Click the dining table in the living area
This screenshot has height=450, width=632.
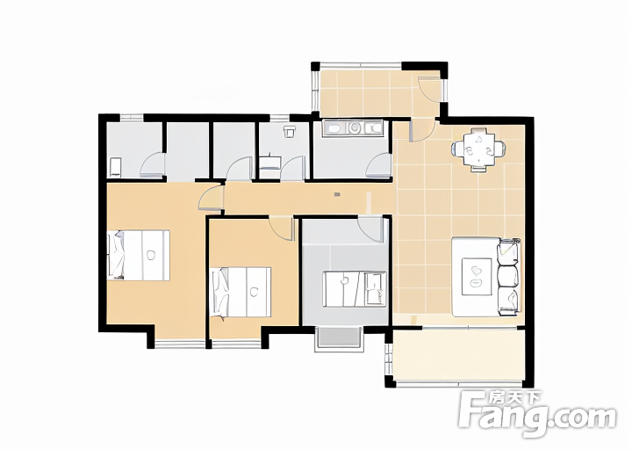[x=479, y=148]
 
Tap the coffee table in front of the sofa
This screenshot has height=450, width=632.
[x=477, y=277]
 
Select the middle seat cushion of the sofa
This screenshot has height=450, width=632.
[x=508, y=276]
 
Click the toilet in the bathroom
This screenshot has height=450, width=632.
[x=289, y=132]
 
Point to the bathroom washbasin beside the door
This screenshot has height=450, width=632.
[x=269, y=163]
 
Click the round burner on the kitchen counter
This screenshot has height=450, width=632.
[x=355, y=128]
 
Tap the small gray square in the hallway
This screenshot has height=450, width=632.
[x=337, y=194]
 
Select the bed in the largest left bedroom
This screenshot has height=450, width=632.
[x=139, y=255]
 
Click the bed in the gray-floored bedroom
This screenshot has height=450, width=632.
[x=355, y=289]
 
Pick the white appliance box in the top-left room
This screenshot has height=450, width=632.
[x=115, y=167]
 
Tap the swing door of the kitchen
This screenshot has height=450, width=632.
[x=379, y=165]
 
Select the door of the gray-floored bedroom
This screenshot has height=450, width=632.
[x=370, y=229]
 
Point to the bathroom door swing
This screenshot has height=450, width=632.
[x=292, y=168]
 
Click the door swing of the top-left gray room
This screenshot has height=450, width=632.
[x=153, y=164]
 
